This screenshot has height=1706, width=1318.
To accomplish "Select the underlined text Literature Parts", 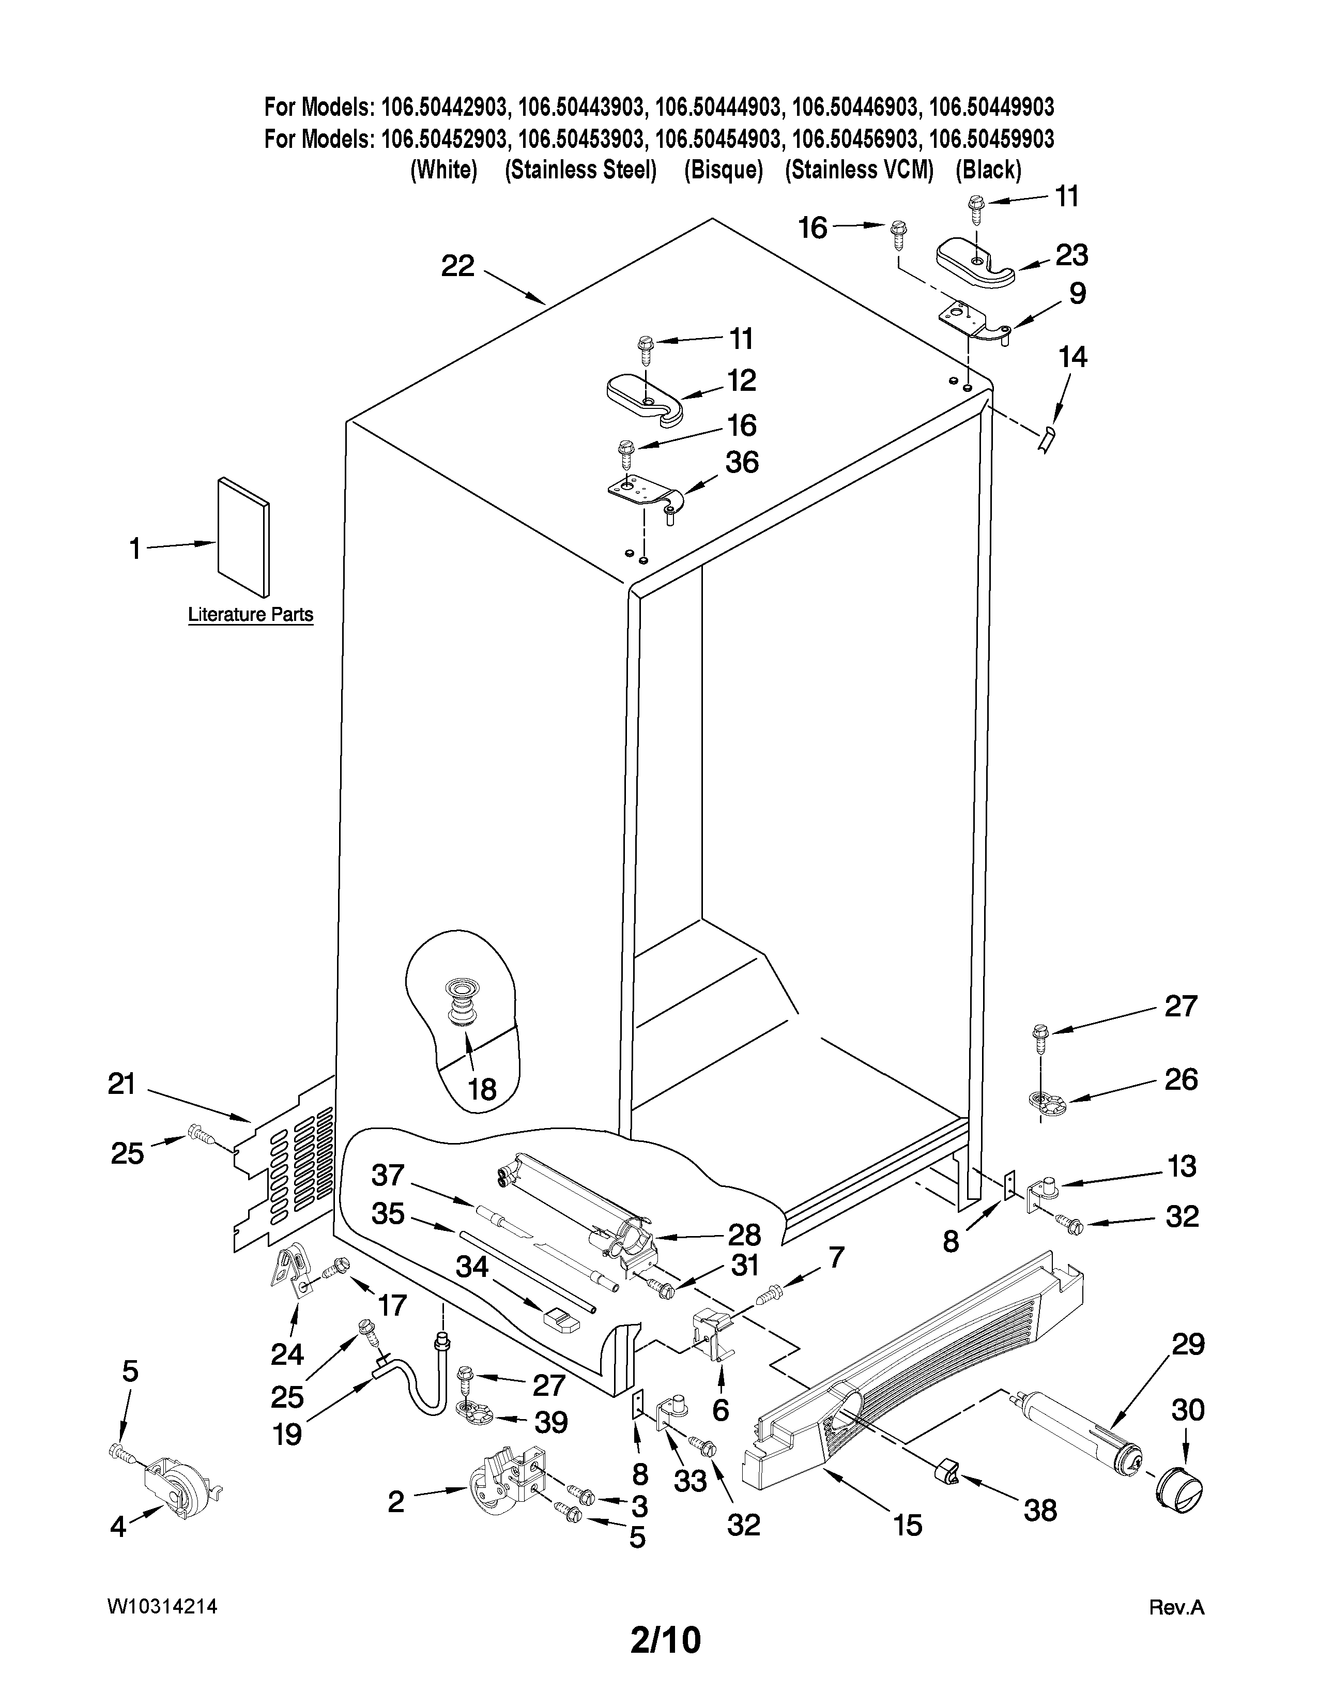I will click(251, 615).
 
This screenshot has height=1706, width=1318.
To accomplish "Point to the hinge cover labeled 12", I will click(645, 397).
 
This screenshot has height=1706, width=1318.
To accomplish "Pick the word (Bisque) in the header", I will click(723, 170).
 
